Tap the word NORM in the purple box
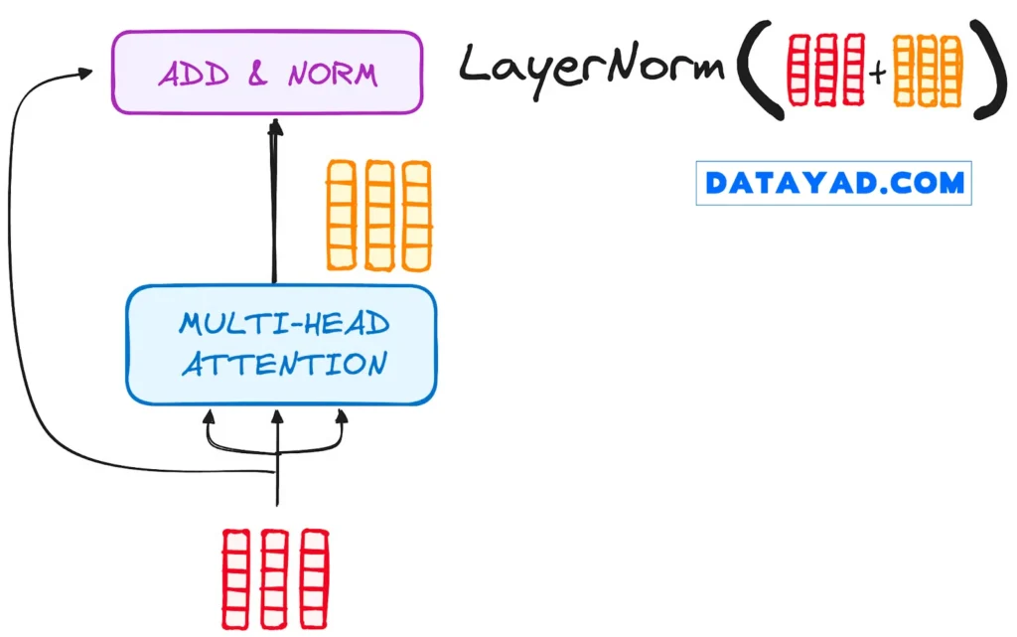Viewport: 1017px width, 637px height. click(x=332, y=74)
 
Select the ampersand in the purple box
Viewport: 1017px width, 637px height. click(x=257, y=74)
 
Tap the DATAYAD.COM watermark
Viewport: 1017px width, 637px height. click(x=833, y=183)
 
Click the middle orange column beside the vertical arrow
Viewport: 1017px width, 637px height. click(x=379, y=216)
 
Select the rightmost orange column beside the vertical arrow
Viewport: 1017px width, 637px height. click(x=417, y=216)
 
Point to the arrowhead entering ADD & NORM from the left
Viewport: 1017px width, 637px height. click(x=87, y=73)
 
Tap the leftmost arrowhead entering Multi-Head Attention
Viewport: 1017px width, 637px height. click(x=210, y=414)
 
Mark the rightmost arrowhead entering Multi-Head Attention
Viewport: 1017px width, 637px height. click(x=342, y=414)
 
